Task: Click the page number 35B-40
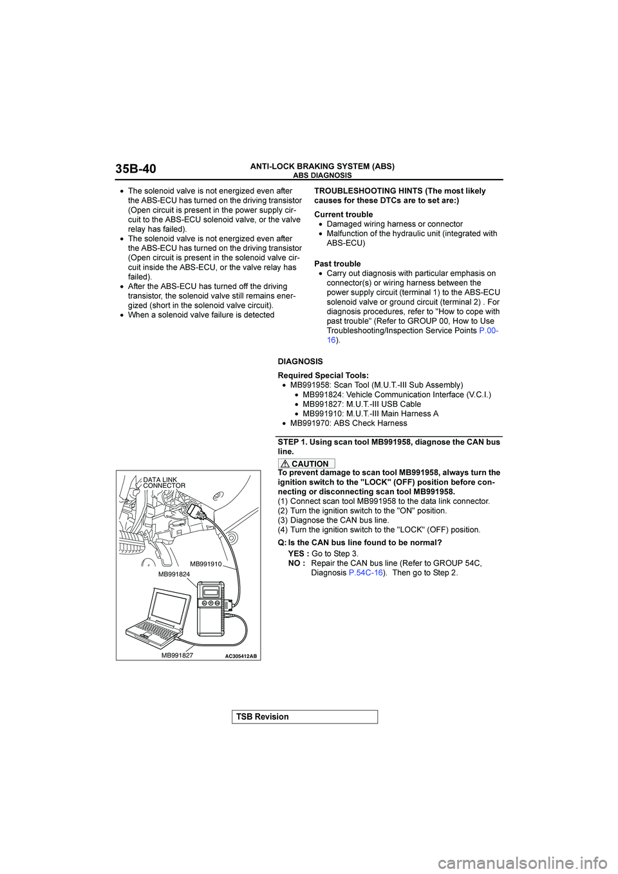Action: click(136, 169)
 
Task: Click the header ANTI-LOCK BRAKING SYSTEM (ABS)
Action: click(322, 166)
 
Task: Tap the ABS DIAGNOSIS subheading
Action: click(323, 175)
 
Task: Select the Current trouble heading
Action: click(343, 214)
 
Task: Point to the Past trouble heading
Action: click(337, 264)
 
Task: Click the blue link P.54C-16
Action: click(366, 573)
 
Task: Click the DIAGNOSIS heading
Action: click(300, 362)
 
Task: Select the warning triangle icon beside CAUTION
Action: click(285, 464)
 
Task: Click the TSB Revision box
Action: click(304, 717)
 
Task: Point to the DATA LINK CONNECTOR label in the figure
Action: click(164, 483)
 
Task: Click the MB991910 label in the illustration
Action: click(205, 564)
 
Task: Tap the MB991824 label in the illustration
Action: click(174, 574)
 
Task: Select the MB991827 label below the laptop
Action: click(177, 655)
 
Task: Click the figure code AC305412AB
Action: click(241, 656)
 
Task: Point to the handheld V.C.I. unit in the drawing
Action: click(211, 608)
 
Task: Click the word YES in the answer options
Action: click(297, 553)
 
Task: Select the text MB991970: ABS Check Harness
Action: click(348, 423)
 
